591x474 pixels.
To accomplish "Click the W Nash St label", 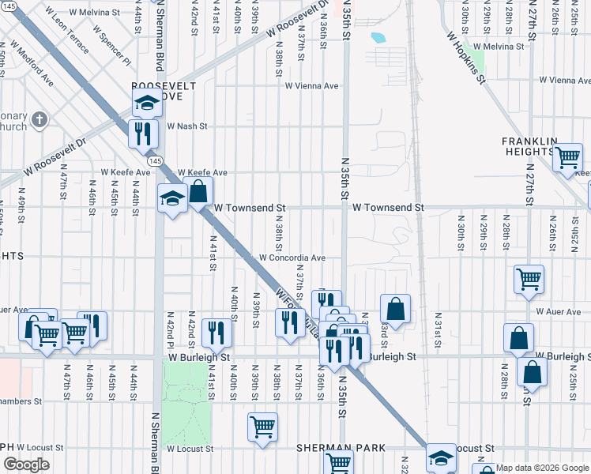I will (x=186, y=126).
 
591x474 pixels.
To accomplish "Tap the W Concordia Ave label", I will (x=292, y=258).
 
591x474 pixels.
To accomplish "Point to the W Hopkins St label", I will (x=465, y=57).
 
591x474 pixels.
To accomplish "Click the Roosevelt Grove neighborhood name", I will (x=157, y=90).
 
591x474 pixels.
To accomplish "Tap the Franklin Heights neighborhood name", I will (x=529, y=145).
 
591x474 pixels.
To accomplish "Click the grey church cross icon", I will (x=41, y=120).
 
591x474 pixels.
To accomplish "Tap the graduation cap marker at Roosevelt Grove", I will (x=146, y=103).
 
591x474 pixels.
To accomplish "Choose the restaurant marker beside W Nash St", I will (x=143, y=132).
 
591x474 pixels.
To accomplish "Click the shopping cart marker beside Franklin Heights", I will (x=567, y=157).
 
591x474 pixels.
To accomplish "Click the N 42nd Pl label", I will (x=169, y=334).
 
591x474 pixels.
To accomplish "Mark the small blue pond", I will (x=377, y=37).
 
